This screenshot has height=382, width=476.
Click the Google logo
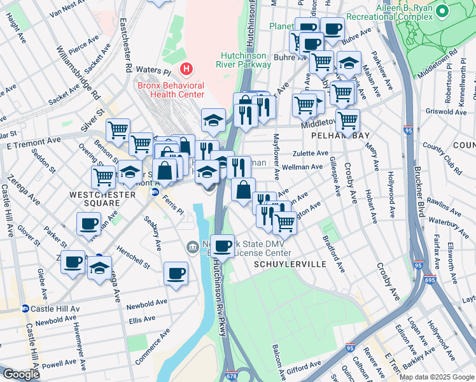pyautogui.click(x=21, y=374)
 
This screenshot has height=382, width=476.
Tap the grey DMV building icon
pyautogui.click(x=192, y=246)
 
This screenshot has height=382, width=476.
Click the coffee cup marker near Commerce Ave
pyautogui.click(x=176, y=274)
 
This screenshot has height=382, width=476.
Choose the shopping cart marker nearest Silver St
pyautogui.click(x=118, y=131)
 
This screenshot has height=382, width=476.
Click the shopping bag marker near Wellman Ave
pyautogui.click(x=243, y=190)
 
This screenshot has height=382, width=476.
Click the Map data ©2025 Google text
pyautogui.click(x=437, y=377)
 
